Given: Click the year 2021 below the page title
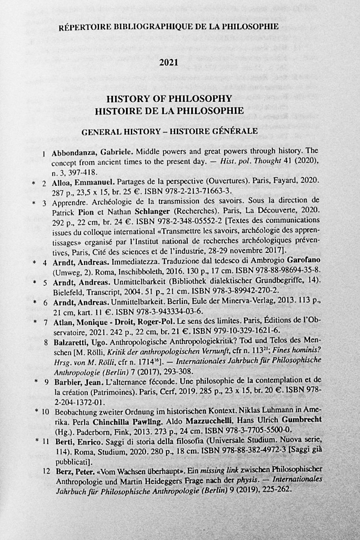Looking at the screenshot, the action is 169,63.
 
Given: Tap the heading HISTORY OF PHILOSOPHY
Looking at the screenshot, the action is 169,99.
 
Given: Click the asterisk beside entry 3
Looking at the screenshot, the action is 34,203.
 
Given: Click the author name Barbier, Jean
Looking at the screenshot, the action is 75,382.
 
